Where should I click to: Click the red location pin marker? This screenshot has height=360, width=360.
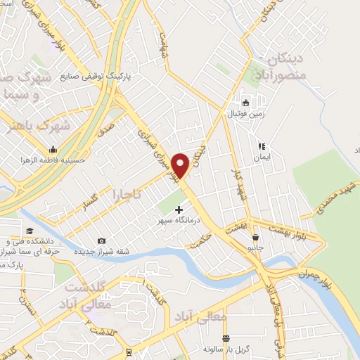click(181, 165)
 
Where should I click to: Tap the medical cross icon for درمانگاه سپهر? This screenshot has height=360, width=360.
click(179, 209)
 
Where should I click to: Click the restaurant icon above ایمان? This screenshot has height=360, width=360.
click(261, 147)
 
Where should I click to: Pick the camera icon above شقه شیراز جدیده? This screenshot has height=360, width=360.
click(101, 241)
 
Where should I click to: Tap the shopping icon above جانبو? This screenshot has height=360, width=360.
click(255, 237)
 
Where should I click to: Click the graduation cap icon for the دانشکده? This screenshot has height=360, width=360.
click(30, 231)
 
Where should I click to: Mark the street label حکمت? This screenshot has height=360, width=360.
click(200, 240)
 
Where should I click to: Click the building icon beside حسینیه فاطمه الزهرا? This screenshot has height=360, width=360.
click(53, 149)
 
